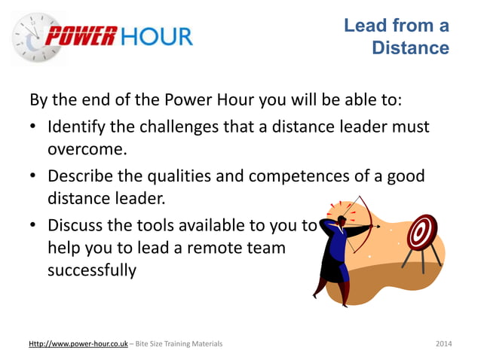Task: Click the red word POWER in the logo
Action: (x=81, y=35)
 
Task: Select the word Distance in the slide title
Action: (x=411, y=49)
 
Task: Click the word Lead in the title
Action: (x=362, y=26)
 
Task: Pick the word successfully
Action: (x=92, y=269)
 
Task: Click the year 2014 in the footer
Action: (x=444, y=344)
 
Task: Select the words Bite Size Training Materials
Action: (x=178, y=344)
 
